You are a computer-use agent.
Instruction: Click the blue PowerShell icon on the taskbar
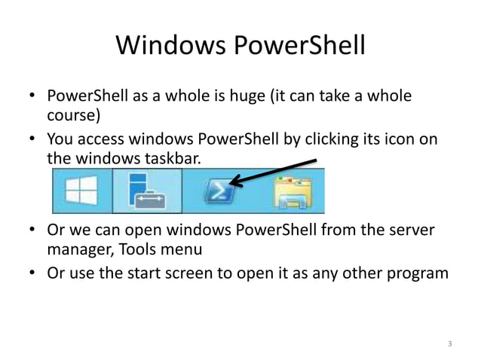[x=219, y=192]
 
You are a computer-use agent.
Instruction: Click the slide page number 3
[x=449, y=344]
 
